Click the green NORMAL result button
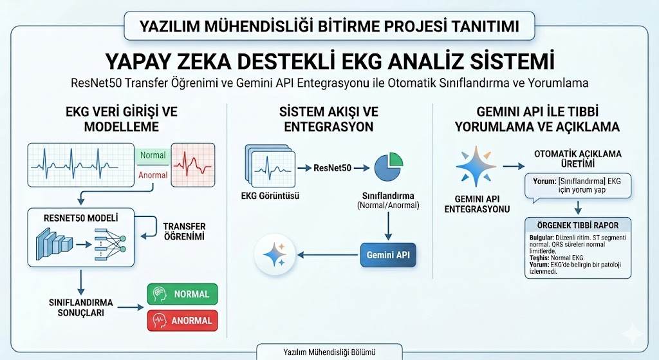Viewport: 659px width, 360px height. [183, 294]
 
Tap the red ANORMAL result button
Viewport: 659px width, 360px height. [183, 320]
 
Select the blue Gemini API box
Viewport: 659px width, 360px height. [388, 256]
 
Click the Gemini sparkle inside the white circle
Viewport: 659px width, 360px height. [275, 256]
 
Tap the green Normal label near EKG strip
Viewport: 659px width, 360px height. [153, 155]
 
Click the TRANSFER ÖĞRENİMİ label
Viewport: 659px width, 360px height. [184, 231]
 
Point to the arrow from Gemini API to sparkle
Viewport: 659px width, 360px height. [327, 256]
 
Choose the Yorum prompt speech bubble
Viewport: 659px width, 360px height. [577, 186]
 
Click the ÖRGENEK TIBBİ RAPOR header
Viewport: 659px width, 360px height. [577, 225]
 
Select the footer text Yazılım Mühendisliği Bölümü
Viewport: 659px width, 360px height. [329, 352]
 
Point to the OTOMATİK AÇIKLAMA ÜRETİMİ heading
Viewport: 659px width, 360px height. [577, 158]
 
